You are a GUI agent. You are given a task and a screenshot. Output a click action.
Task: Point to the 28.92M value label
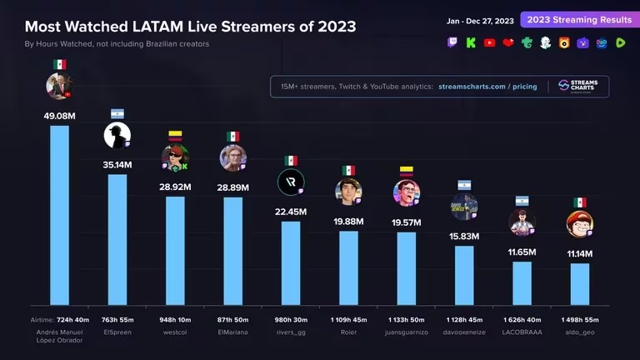click(175, 187)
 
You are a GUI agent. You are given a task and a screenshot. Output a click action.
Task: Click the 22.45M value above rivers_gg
click(291, 212)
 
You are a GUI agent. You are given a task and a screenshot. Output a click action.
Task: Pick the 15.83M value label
click(464, 237)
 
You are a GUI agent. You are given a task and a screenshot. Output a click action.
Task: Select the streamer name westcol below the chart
click(175, 332)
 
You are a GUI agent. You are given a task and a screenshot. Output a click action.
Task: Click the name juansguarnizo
click(406, 332)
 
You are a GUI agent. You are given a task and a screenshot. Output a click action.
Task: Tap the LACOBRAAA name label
click(522, 332)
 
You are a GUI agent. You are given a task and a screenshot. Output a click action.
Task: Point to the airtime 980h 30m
click(291, 319)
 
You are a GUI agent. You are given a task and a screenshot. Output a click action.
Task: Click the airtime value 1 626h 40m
click(522, 319)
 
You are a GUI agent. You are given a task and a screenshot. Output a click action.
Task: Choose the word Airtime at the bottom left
click(42, 319)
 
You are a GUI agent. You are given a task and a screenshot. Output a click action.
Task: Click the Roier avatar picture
click(348, 191)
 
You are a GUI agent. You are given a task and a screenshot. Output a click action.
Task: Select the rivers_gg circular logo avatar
click(291, 182)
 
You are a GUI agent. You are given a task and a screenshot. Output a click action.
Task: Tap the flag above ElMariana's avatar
click(232, 136)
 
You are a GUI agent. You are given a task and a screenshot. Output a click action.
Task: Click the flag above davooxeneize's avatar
click(464, 185)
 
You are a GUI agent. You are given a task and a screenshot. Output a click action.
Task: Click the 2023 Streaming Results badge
click(575, 20)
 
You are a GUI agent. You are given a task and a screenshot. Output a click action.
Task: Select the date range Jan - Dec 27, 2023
click(481, 20)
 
